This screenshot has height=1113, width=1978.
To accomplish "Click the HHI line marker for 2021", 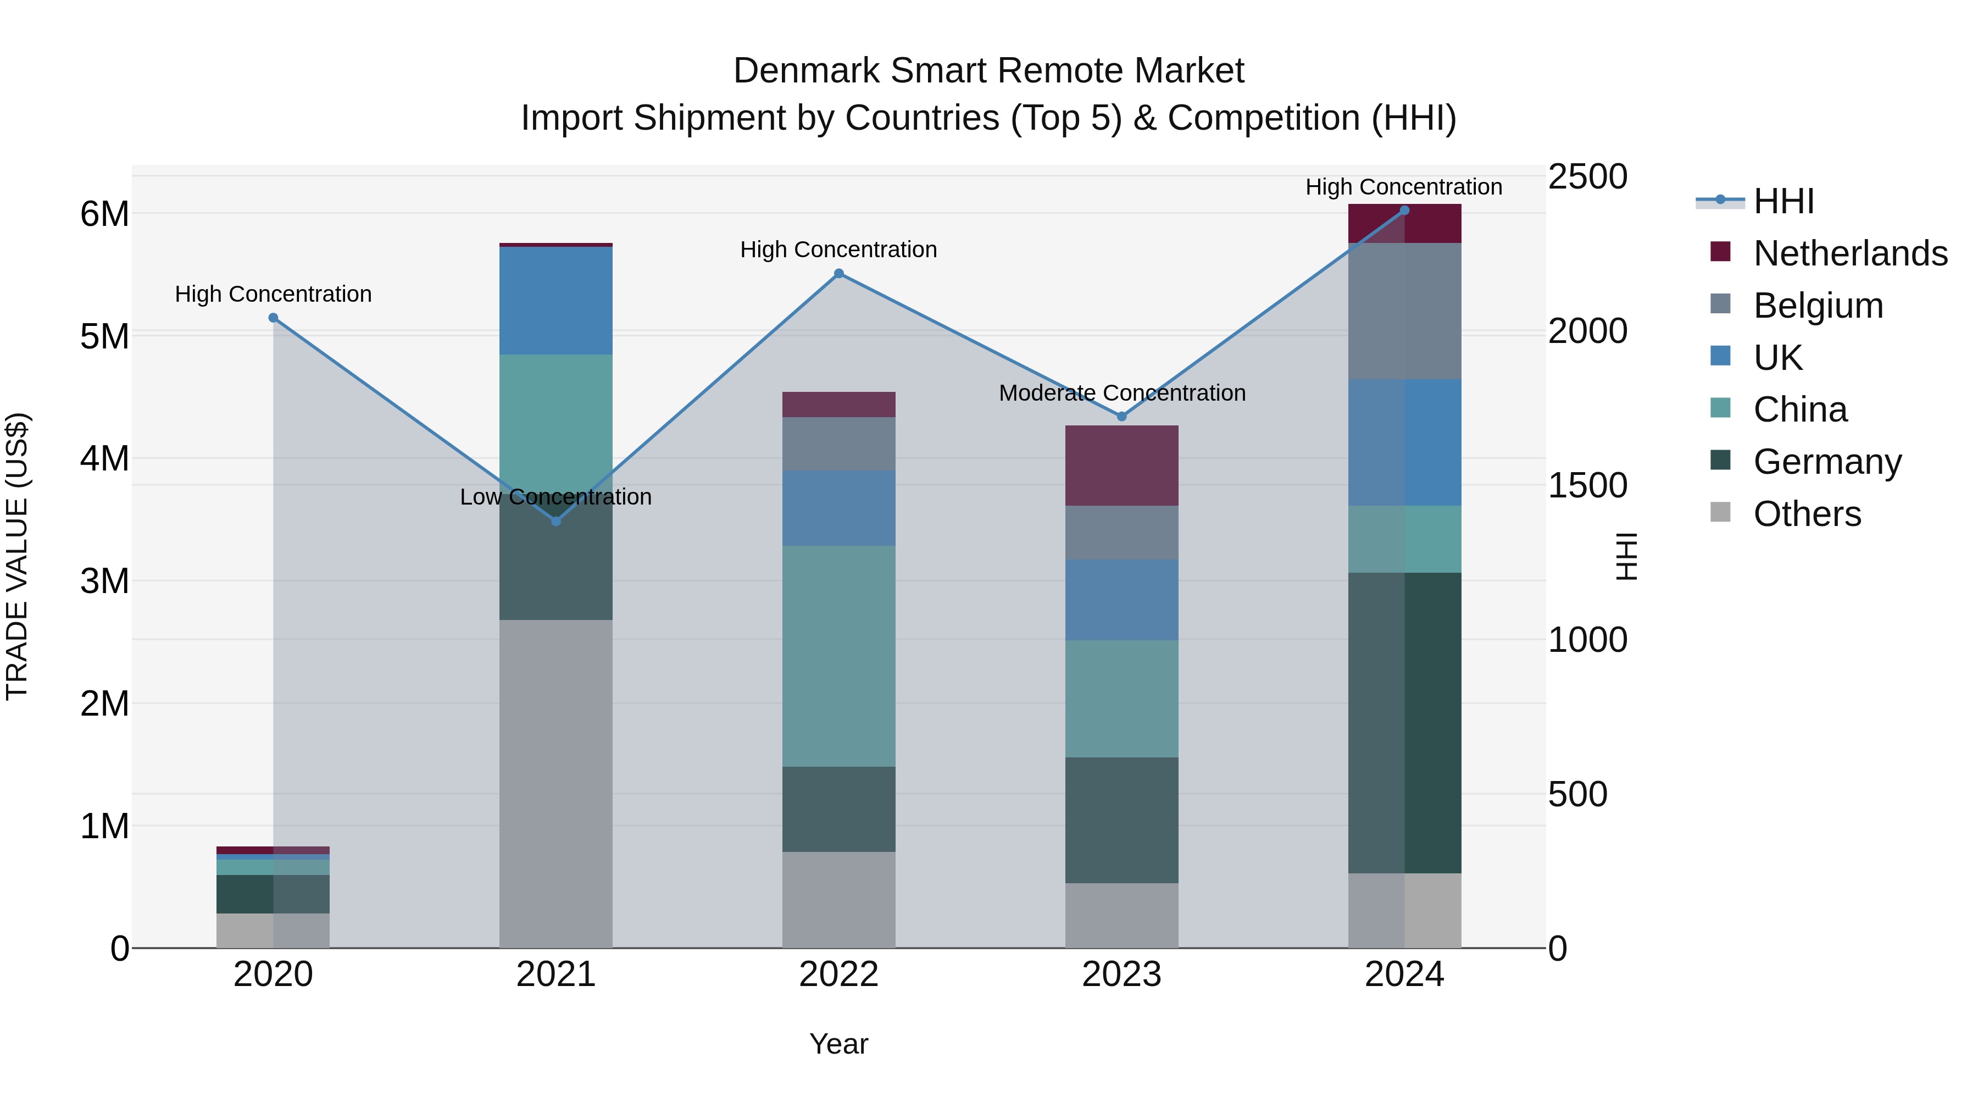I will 557,522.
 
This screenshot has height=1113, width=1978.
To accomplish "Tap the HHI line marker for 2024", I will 1404,211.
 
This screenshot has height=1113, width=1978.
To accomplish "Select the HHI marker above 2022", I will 838,274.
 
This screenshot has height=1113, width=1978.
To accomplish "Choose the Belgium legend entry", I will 1818,306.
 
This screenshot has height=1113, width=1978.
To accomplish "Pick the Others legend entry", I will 1807,514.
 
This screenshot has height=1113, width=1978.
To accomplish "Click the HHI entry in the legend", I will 1783,201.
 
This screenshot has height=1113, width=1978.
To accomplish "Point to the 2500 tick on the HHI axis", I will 1586,176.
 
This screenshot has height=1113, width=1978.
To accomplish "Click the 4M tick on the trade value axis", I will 104,458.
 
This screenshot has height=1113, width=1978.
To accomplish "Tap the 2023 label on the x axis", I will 1121,974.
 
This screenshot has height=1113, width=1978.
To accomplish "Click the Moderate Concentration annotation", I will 1122,394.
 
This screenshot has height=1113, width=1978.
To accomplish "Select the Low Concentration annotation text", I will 556,497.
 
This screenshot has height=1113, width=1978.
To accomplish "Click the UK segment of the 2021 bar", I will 556,300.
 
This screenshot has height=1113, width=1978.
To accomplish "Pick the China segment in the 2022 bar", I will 838,656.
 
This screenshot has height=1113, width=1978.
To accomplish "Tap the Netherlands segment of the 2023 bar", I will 1121,466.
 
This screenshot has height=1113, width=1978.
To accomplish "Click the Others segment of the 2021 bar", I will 556,783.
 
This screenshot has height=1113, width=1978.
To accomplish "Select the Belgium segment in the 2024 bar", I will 1404,311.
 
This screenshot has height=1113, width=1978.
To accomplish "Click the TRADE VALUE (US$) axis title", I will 17,556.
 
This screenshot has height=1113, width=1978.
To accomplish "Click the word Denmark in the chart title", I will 806,71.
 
